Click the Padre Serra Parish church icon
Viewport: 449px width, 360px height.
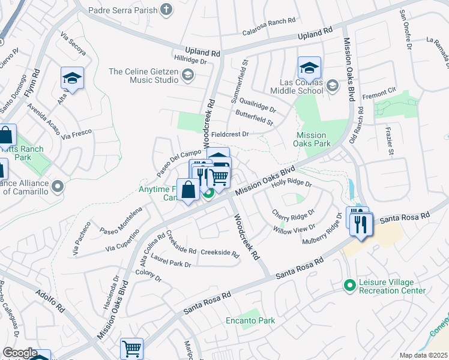pyautogui.click(x=166, y=10)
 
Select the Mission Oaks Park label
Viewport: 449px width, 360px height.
pyautogui.click(x=312, y=140)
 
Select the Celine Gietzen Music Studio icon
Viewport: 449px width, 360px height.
pyautogui.click(x=188, y=74)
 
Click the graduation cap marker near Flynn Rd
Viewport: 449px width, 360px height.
pyautogui.click(x=72, y=79)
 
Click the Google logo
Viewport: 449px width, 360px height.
pyautogui.click(x=20, y=353)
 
